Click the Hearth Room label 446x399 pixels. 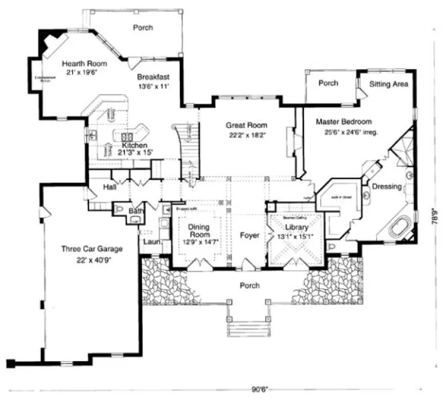pos(84,63)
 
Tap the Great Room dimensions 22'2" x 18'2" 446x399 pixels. pos(246,136)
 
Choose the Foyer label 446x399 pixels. pos(249,236)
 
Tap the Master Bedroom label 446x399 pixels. pos(344,121)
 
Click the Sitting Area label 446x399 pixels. pos(389,84)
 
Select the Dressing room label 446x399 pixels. pos(386,186)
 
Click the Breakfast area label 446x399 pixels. pos(153,77)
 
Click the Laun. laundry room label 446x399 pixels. pos(150,242)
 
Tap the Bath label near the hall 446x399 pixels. pos(135,212)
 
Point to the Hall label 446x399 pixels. pos(110,187)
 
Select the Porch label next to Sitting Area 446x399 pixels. pos(328,83)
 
